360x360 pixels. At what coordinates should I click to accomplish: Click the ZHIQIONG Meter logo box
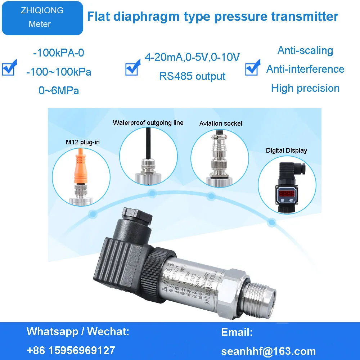tap(42, 18)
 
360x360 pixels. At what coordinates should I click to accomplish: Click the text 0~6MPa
tap(59, 91)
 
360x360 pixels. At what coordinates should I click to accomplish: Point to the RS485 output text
tap(192, 76)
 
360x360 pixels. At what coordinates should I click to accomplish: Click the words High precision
tap(305, 88)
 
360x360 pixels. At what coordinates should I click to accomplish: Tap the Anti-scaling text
tap(305, 50)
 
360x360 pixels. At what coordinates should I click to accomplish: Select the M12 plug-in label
tap(82, 142)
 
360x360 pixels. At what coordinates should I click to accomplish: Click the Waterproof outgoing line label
tap(148, 123)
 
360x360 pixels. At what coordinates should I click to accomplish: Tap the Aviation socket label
tap(221, 123)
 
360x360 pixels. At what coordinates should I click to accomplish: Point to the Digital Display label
tap(287, 150)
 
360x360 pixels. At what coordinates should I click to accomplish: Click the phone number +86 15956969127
tap(71, 350)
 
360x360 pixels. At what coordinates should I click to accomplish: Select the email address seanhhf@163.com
tap(268, 351)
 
